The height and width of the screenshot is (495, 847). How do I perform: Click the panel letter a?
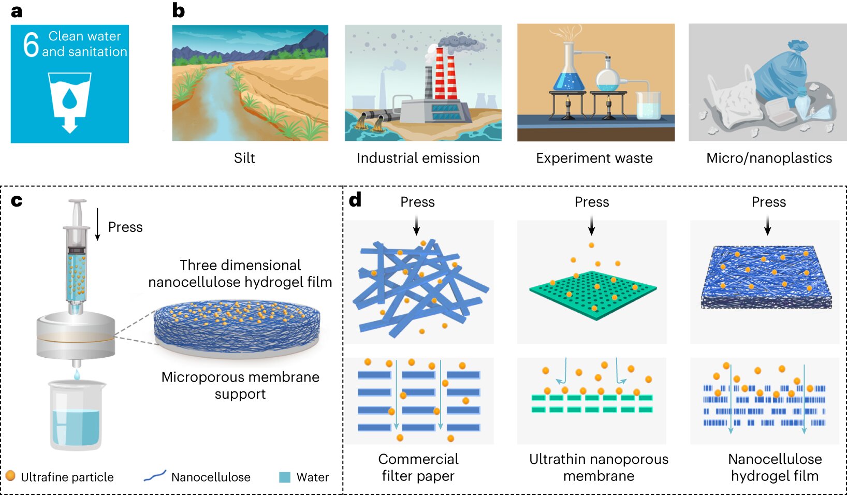pyautogui.click(x=17, y=11)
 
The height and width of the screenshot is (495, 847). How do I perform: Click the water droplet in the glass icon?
pyautogui.click(x=69, y=98)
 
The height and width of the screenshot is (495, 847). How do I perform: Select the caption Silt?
pyautogui.click(x=244, y=158)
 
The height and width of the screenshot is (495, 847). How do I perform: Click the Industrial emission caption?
pyautogui.click(x=418, y=158)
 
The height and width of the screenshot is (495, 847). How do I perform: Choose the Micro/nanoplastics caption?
pyautogui.click(x=769, y=158)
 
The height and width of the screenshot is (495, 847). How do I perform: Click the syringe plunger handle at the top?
pyautogui.click(x=77, y=203)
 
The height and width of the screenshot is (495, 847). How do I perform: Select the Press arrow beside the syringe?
pyautogui.click(x=98, y=224)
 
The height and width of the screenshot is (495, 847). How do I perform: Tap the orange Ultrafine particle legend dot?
pyautogui.click(x=10, y=476)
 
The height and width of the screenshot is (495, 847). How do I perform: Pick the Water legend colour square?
pyautogui.click(x=285, y=477)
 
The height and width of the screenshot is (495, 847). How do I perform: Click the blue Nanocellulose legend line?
pyautogui.click(x=155, y=476)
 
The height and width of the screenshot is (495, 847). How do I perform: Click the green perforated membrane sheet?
pyautogui.click(x=593, y=294)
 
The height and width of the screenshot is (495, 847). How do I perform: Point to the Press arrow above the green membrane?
pyautogui.click(x=592, y=226)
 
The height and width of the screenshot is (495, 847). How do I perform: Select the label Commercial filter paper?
pyautogui.click(x=418, y=467)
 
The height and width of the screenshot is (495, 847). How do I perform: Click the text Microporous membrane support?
pyautogui.click(x=240, y=385)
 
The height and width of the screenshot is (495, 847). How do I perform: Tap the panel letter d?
pyautogui.click(x=355, y=200)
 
